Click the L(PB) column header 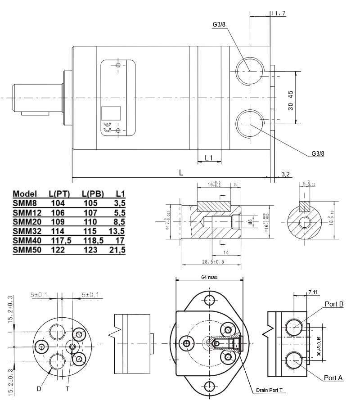pyautogui.click(x=93, y=194)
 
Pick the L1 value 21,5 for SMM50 pyautogui.click(x=117, y=249)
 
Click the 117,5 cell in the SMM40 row pyautogui.click(x=60, y=240)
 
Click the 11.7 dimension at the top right pyautogui.click(x=279, y=13)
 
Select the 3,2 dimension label pyautogui.click(x=285, y=174)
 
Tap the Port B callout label pyautogui.click(x=334, y=305)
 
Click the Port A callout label pyautogui.click(x=333, y=378)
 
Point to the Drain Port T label pyautogui.click(x=269, y=390)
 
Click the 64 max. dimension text pyautogui.click(x=209, y=277)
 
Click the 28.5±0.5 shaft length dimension pyautogui.click(x=213, y=261)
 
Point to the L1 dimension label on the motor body pyautogui.click(x=208, y=157)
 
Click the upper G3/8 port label pyautogui.click(x=219, y=24)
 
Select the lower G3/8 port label pyautogui.click(x=318, y=153)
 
